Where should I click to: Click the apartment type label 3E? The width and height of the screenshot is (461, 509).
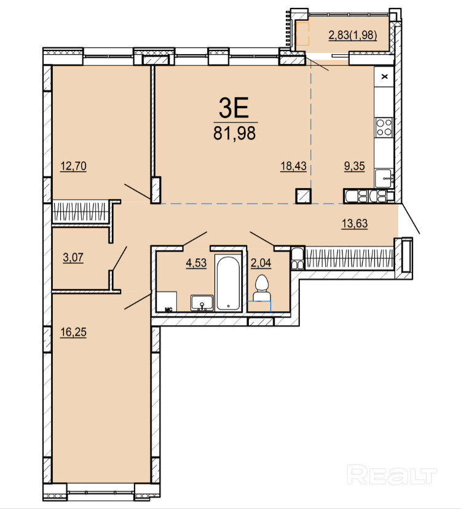234,108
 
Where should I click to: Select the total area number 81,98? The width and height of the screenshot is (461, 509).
234,133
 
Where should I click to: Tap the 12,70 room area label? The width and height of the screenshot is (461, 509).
73,166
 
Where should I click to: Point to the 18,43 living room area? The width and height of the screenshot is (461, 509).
293,166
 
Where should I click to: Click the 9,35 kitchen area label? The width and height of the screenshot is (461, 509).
355,166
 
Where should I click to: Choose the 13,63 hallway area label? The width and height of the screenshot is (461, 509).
355,223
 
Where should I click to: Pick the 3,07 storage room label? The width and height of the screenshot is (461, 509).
73,258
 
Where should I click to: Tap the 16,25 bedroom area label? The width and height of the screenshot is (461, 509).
73,332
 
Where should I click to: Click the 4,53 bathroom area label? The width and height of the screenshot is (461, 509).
196,262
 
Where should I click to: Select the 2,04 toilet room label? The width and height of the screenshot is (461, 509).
261,262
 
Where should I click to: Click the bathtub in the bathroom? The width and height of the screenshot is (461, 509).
229,283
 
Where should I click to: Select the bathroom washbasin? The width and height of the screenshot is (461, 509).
202,302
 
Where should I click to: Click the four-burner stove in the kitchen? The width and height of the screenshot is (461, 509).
384,127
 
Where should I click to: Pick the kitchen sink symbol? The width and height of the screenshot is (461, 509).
384,178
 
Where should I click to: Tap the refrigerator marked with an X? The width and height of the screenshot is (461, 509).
384,77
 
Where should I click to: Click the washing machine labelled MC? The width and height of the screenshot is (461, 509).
167,302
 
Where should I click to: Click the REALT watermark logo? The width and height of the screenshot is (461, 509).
392,475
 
